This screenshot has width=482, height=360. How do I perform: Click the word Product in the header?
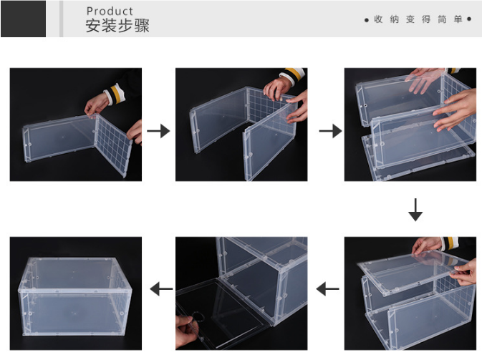[x=110, y=11]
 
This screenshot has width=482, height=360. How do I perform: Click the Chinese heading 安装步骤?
[x=117, y=26]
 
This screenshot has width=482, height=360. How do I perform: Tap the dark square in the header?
[x=24, y=19]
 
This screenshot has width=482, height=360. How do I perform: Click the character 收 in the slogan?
[x=378, y=19]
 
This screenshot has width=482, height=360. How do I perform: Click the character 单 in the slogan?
[x=458, y=19]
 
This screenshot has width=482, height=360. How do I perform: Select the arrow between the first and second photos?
[x=158, y=131]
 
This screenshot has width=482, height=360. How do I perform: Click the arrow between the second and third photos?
[x=330, y=131]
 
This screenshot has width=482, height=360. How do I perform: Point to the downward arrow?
[x=415, y=210]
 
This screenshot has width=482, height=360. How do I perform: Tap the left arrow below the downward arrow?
[x=328, y=288]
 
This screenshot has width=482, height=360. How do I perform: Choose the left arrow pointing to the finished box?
[x=161, y=288]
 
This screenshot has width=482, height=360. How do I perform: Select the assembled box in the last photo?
[x=75, y=296]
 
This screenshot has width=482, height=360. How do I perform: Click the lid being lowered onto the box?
[x=413, y=273]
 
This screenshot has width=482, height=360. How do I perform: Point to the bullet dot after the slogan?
[x=469, y=19]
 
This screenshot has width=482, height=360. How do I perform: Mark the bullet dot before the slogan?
[x=367, y=20]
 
